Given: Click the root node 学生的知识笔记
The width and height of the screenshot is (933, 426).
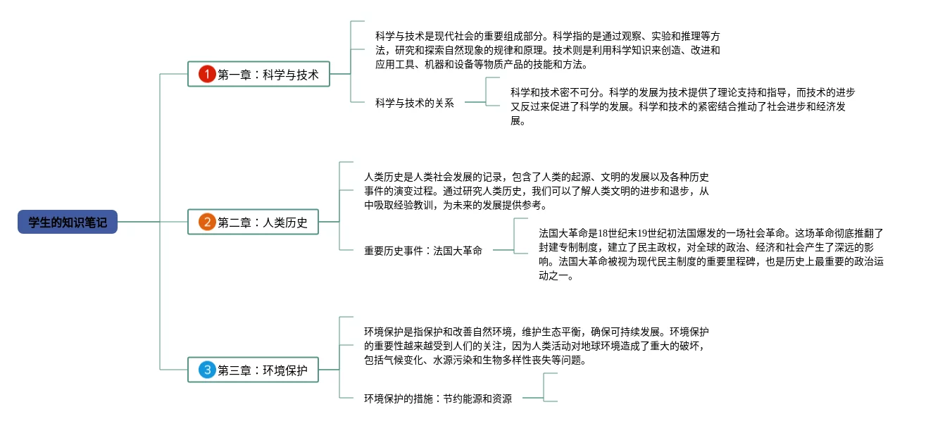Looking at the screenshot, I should (68, 223).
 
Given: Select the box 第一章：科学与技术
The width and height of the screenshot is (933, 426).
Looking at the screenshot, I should (258, 74).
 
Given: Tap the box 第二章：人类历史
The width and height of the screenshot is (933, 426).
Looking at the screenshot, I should (253, 223).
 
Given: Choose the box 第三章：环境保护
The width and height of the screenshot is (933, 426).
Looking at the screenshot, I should (253, 370).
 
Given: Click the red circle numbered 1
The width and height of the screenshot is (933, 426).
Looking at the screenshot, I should (206, 74).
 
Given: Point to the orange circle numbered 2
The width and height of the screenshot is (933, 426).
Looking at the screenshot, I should (206, 223).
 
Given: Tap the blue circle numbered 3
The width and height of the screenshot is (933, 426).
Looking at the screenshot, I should (206, 370).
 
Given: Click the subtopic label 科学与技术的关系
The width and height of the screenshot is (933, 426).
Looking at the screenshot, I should (415, 103).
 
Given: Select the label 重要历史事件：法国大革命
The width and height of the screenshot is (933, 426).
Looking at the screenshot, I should (423, 250).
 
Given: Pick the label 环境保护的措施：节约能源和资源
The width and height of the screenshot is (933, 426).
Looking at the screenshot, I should (438, 399).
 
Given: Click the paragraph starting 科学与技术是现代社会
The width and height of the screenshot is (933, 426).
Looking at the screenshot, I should (548, 50).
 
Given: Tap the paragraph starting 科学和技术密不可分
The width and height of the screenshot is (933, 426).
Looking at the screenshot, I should (682, 106).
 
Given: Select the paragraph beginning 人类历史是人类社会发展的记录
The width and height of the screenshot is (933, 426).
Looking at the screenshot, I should (537, 191).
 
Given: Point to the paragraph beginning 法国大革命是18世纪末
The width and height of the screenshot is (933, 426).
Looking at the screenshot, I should (710, 254).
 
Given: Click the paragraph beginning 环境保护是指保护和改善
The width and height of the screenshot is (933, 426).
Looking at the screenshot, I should (537, 346).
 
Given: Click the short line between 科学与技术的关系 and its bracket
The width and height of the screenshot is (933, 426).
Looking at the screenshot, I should (475, 103).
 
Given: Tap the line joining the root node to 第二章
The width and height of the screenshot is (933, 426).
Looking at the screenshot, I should (152, 223).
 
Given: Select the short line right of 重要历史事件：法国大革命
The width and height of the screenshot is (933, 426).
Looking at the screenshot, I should (503, 250).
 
